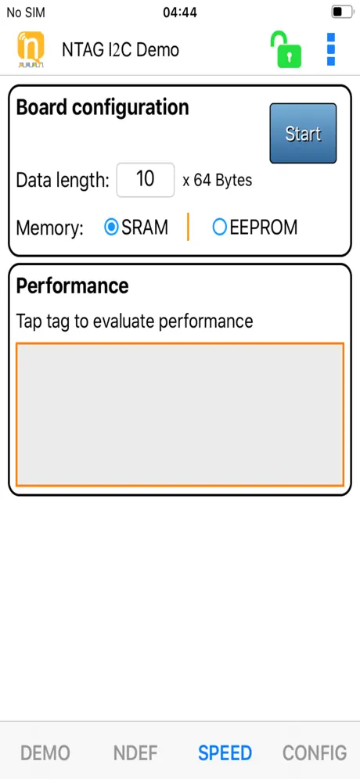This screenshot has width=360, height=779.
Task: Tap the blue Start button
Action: tap(303, 133)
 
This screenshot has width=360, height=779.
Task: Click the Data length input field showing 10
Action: tap(146, 179)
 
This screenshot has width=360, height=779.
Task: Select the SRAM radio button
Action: tap(111, 227)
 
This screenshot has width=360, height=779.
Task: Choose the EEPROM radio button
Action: tap(220, 227)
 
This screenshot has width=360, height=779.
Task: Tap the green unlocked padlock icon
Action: tap(286, 49)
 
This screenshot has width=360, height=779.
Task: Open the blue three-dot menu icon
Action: tap(331, 49)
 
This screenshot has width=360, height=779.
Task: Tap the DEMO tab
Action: tap(45, 752)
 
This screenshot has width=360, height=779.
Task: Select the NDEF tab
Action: tap(135, 752)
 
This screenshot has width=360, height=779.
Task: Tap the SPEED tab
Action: tap(225, 752)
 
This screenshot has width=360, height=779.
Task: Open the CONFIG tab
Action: tap(315, 752)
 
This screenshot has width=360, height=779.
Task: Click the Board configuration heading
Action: tap(103, 108)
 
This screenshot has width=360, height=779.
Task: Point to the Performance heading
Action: tap(72, 285)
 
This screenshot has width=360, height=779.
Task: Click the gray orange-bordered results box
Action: tap(180, 414)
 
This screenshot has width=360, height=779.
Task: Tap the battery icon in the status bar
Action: tap(342, 12)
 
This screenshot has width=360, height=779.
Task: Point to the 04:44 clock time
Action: tap(180, 13)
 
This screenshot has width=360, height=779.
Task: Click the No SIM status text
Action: tap(25, 13)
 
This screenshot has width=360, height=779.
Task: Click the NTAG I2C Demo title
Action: tap(121, 50)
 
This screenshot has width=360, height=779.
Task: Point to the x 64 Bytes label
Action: tap(218, 180)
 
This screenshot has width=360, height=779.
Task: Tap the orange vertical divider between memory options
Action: tap(188, 227)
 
